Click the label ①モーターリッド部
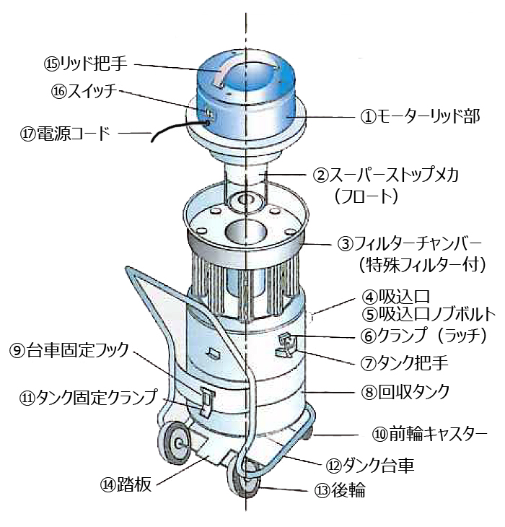coord(420,116)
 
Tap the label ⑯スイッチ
coord(84,91)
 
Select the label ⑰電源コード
coord(65,134)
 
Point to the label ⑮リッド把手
coord(86,64)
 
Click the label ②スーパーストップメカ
coord(386,175)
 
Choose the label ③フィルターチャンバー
coord(410,244)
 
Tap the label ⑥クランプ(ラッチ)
coord(423,335)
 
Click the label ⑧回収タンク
coord(405,392)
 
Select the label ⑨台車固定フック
coord(69,350)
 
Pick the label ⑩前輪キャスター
coord(429,434)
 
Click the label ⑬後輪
coord(340,490)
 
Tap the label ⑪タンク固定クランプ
coord(88,398)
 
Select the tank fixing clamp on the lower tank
coord(206,400)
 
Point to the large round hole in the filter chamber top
coord(245,231)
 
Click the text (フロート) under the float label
coord(366,196)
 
